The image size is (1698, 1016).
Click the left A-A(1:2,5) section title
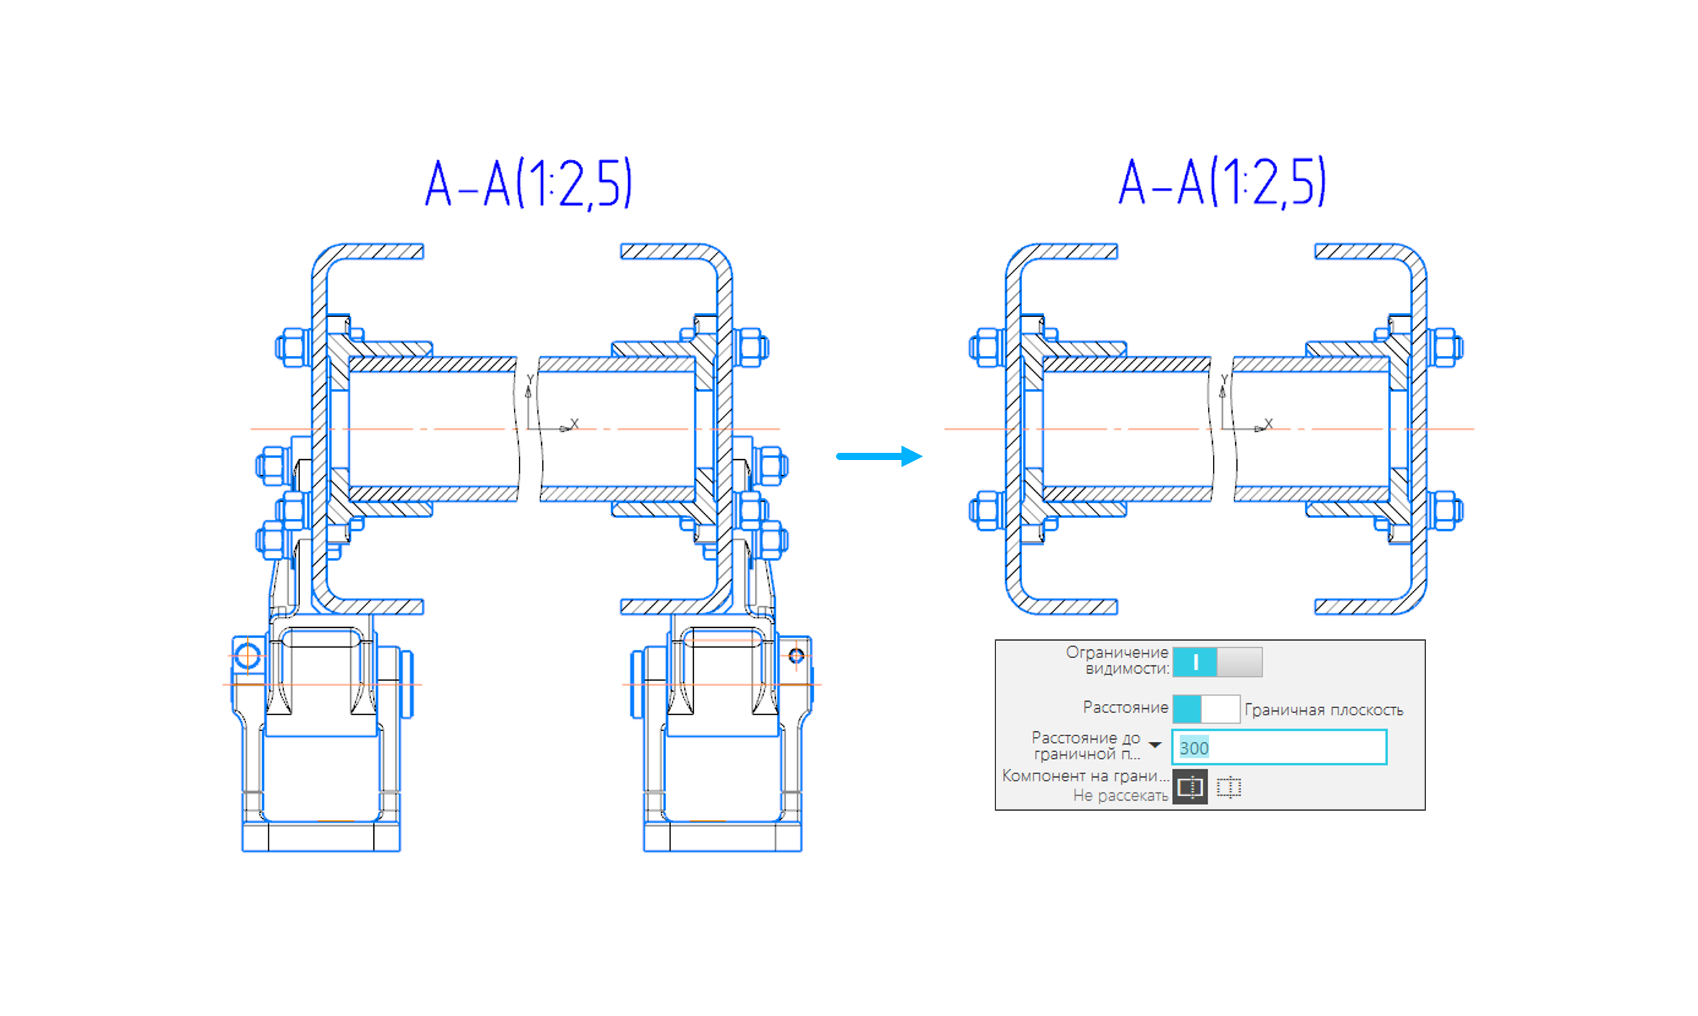(x=528, y=184)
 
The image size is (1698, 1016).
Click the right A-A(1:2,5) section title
(x=1222, y=184)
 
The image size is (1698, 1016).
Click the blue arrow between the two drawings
(x=879, y=456)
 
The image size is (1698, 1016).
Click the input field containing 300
(x=1279, y=747)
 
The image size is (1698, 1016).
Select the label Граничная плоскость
(x=1323, y=710)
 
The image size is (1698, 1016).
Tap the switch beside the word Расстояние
(x=1206, y=709)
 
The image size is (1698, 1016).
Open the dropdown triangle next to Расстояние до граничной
(x=1155, y=745)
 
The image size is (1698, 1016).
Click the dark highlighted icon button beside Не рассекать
(x=1190, y=787)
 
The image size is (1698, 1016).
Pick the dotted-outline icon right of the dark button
(x=1229, y=787)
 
